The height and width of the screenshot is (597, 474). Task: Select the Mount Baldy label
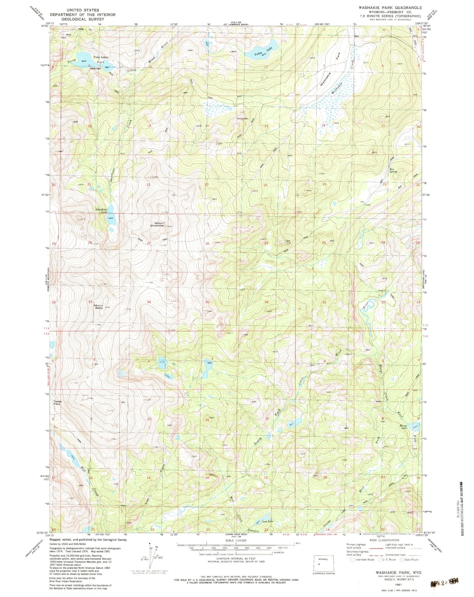99,306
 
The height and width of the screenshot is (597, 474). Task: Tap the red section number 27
149,243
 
